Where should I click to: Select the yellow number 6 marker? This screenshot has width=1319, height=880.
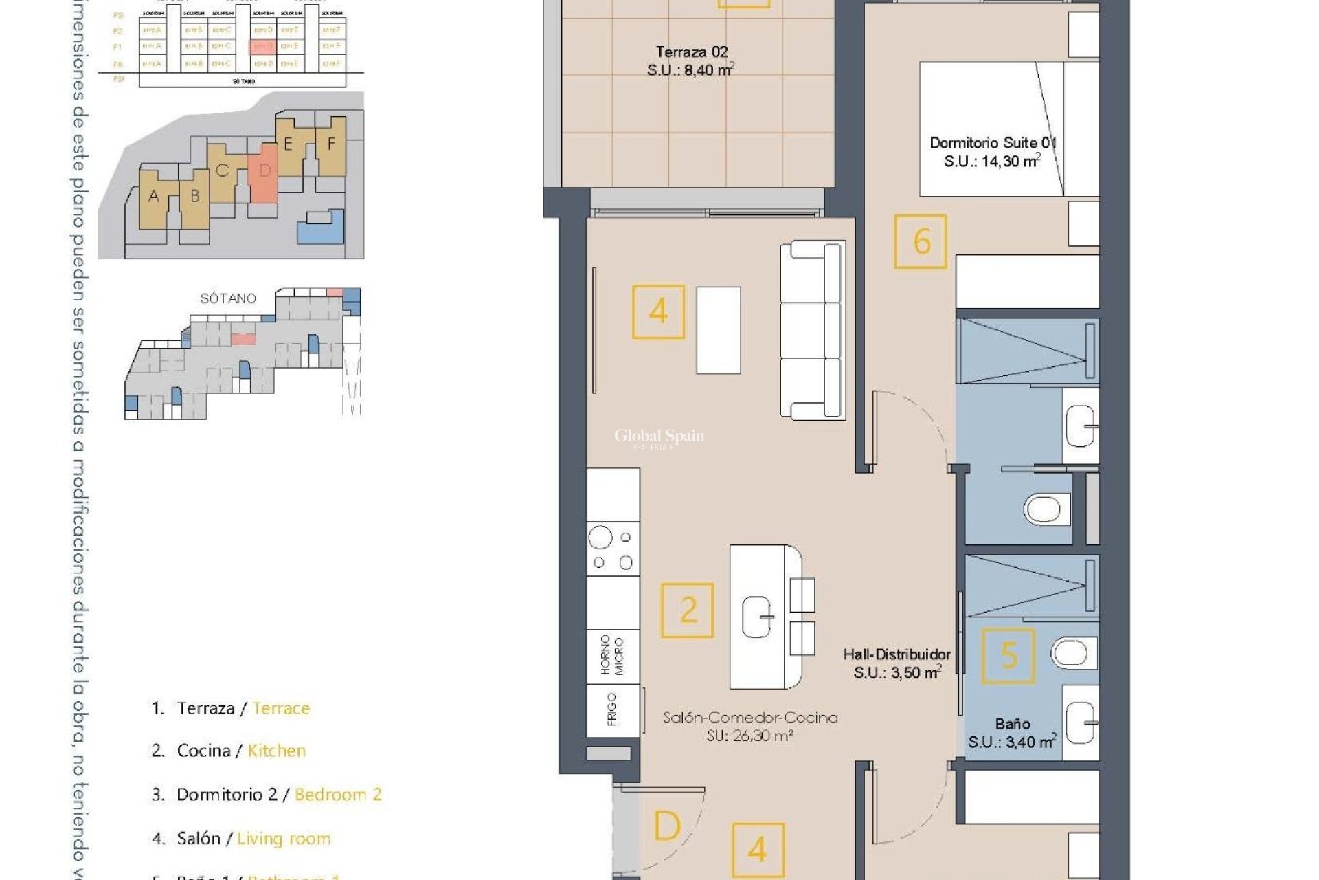point(921,241)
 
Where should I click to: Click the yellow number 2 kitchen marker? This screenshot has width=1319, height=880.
point(687,610)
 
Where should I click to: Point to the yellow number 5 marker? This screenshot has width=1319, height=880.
point(1008,656)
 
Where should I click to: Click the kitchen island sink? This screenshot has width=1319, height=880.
point(758,616)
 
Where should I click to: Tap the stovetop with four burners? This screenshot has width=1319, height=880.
point(613,549)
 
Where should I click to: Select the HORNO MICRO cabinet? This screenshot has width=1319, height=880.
point(613,656)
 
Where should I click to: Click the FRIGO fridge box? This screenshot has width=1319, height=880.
point(613,709)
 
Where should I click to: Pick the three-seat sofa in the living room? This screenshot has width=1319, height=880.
point(812,330)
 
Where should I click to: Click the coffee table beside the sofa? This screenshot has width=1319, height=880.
point(719,330)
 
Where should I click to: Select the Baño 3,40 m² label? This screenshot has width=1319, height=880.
point(1012,733)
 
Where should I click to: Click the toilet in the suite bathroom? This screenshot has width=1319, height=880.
point(1043,510)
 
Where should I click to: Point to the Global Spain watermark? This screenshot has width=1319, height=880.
point(659,437)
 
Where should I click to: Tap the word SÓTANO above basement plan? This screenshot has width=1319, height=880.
point(228,298)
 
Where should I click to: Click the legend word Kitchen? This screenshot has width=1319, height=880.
point(276,751)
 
